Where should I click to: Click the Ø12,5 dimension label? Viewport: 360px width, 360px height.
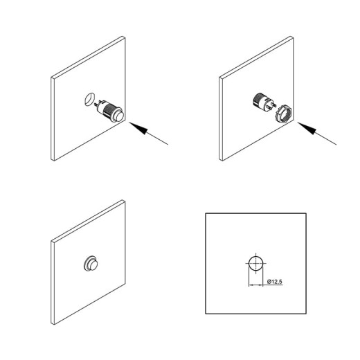(275, 282)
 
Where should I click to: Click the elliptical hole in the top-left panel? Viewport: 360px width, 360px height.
(89, 99)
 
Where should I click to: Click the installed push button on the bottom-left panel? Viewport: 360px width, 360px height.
(91, 264)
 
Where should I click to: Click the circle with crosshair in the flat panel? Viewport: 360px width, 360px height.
(255, 263)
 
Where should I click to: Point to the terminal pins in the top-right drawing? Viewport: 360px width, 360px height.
(273, 105)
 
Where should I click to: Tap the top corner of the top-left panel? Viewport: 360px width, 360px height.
(123, 37)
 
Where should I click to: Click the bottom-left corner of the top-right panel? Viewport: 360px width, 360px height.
(222, 160)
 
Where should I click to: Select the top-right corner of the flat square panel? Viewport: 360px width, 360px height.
(306, 213)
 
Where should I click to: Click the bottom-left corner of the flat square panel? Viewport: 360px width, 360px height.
(206, 314)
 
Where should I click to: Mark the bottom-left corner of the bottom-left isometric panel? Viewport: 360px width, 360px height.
(53, 324)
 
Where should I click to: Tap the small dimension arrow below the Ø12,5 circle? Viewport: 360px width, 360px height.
(255, 285)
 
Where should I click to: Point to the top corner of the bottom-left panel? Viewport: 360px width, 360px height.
(123, 200)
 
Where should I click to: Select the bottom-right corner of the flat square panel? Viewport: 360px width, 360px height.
(306, 314)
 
